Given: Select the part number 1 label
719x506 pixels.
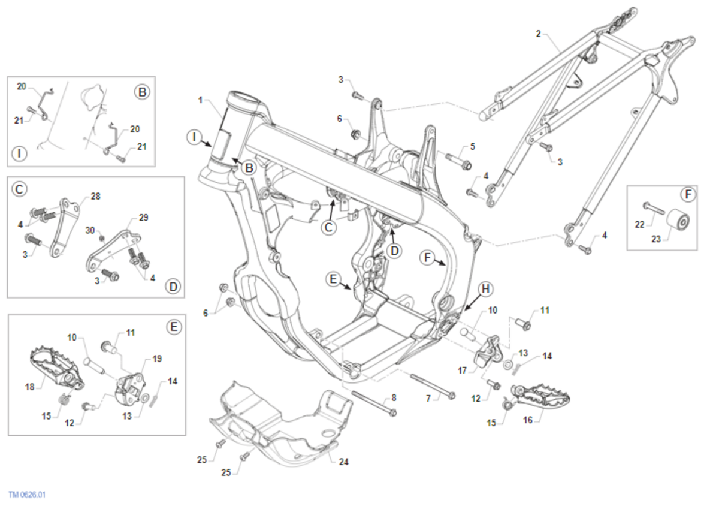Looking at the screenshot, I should click(x=200, y=99).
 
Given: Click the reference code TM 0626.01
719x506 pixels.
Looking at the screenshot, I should click(x=27, y=495).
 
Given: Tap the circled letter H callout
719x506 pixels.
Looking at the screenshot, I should click(x=485, y=289).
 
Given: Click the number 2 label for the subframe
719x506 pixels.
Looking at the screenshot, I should click(x=538, y=34).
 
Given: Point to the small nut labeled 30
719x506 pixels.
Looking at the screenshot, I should click(x=101, y=239).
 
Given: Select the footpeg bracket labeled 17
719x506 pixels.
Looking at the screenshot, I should click(x=488, y=351).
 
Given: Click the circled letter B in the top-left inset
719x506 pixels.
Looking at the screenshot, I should click(x=142, y=92).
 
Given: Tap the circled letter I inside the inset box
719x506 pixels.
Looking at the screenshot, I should click(x=20, y=154).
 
